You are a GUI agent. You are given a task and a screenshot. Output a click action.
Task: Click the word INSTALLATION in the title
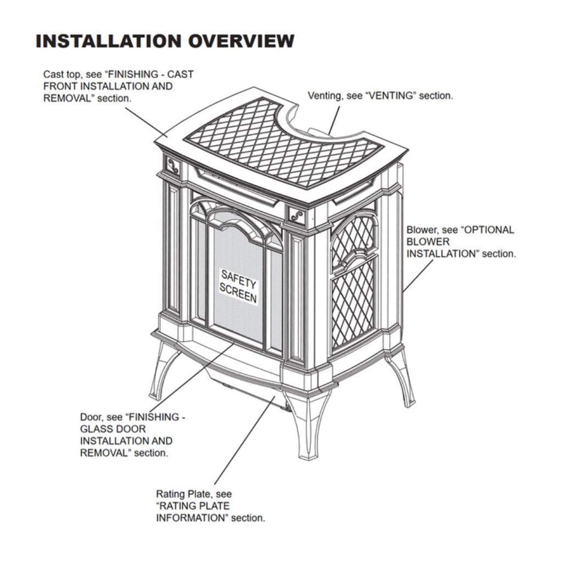tap(109, 41)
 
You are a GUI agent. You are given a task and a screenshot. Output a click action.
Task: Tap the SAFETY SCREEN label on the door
tap(238, 286)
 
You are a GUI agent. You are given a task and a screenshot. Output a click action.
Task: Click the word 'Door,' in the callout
tap(91, 417)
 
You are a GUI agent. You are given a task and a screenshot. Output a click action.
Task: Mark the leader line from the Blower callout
tap(418, 275)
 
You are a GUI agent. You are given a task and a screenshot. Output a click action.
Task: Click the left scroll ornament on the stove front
tap(173, 166)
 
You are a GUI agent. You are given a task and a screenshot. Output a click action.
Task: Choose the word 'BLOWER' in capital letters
tap(428, 242)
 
